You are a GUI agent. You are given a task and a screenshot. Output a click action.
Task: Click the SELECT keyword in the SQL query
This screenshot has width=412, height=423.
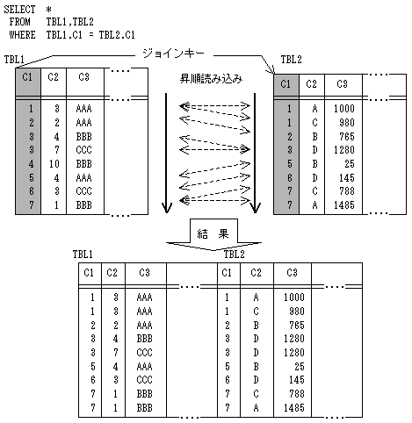pos(19,10)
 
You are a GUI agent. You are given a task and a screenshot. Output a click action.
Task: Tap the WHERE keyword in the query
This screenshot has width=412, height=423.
pos(22,35)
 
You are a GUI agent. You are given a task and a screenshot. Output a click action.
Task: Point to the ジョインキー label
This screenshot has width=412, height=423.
pos(173,54)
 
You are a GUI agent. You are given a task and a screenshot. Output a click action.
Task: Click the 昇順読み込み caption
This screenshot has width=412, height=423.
pos(211,78)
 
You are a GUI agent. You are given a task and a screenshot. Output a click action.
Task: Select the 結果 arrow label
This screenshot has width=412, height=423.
pos(213,233)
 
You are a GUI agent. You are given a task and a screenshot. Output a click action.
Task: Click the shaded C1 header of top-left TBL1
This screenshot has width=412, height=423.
pos(27,77)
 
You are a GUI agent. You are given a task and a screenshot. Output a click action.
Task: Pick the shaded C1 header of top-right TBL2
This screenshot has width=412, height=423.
pos(286,84)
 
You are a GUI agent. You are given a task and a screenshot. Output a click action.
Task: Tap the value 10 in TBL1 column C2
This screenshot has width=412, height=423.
pos(54,164)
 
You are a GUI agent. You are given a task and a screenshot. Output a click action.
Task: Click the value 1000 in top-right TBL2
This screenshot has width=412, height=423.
pos(344,109)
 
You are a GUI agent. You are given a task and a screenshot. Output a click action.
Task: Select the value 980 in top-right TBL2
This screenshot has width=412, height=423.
pos(347,123)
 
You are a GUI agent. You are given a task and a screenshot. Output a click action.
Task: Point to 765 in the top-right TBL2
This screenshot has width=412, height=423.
pos(347,137)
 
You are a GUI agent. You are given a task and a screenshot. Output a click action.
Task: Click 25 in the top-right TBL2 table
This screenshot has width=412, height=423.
pos(350,164)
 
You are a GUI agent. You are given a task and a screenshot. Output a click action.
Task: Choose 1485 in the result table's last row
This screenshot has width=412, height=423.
pos(294,407)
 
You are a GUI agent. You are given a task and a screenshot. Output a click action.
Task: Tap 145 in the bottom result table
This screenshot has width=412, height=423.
pos(297,380)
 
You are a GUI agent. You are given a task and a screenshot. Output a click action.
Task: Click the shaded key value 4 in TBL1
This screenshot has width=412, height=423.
pos(31,164)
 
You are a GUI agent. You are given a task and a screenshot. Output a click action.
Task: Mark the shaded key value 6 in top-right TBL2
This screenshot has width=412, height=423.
pos(289,178)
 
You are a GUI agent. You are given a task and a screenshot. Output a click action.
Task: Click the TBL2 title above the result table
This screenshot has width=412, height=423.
pos(234,255)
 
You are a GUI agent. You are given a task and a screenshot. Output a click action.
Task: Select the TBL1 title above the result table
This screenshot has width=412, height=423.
pos(83,255)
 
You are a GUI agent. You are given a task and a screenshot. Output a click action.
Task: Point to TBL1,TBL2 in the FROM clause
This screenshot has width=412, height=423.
pos(69,22)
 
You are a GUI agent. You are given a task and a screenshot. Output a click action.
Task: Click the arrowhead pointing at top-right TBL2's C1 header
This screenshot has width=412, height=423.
pos(272,71)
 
